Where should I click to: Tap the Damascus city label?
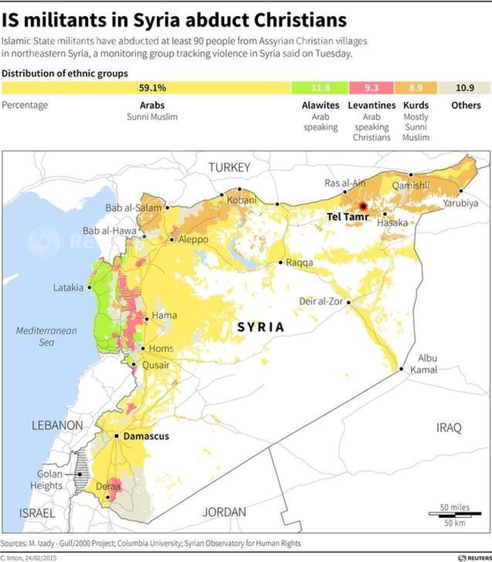[x=146, y=436]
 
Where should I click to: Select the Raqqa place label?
[x=299, y=262]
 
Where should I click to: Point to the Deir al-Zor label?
[x=321, y=301]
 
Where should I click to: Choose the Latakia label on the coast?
[x=68, y=287]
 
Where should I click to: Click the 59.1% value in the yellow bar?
[x=152, y=88]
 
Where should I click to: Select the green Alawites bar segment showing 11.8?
[x=320, y=88]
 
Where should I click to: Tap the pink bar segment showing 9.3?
[x=372, y=88]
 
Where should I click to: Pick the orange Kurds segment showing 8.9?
[x=416, y=88]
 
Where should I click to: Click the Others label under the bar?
[x=465, y=105]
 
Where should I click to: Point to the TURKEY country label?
[x=229, y=167]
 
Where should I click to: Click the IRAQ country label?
[x=449, y=428]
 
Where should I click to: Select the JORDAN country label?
[x=224, y=512]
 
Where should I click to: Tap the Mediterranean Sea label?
[x=46, y=336]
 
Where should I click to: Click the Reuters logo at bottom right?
[x=471, y=557]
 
